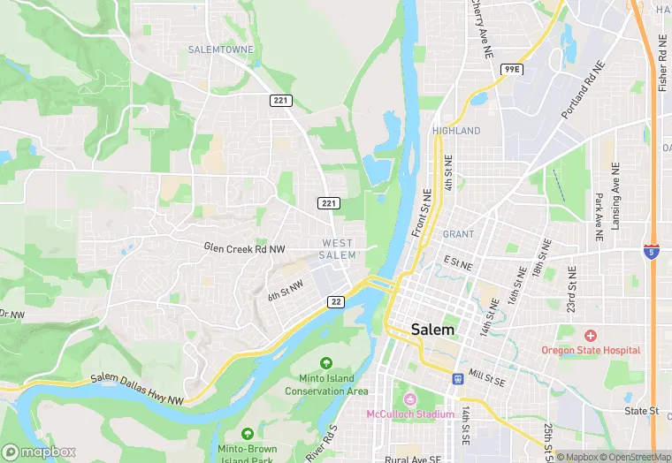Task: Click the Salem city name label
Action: (x=433, y=330)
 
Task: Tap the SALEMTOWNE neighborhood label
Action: (x=221, y=49)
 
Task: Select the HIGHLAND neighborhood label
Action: (x=456, y=131)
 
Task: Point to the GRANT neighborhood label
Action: (x=459, y=234)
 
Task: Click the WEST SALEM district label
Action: (x=338, y=249)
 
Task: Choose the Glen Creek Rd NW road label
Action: (x=244, y=249)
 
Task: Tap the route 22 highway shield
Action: (x=336, y=302)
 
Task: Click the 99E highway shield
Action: (x=511, y=69)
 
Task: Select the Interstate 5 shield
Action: (x=652, y=252)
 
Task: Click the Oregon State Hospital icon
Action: (x=591, y=336)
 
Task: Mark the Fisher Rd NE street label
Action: (x=663, y=64)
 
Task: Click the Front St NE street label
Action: (x=422, y=213)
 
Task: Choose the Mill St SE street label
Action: (x=488, y=376)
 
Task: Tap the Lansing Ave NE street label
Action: (x=615, y=194)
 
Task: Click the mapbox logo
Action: (x=39, y=452)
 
